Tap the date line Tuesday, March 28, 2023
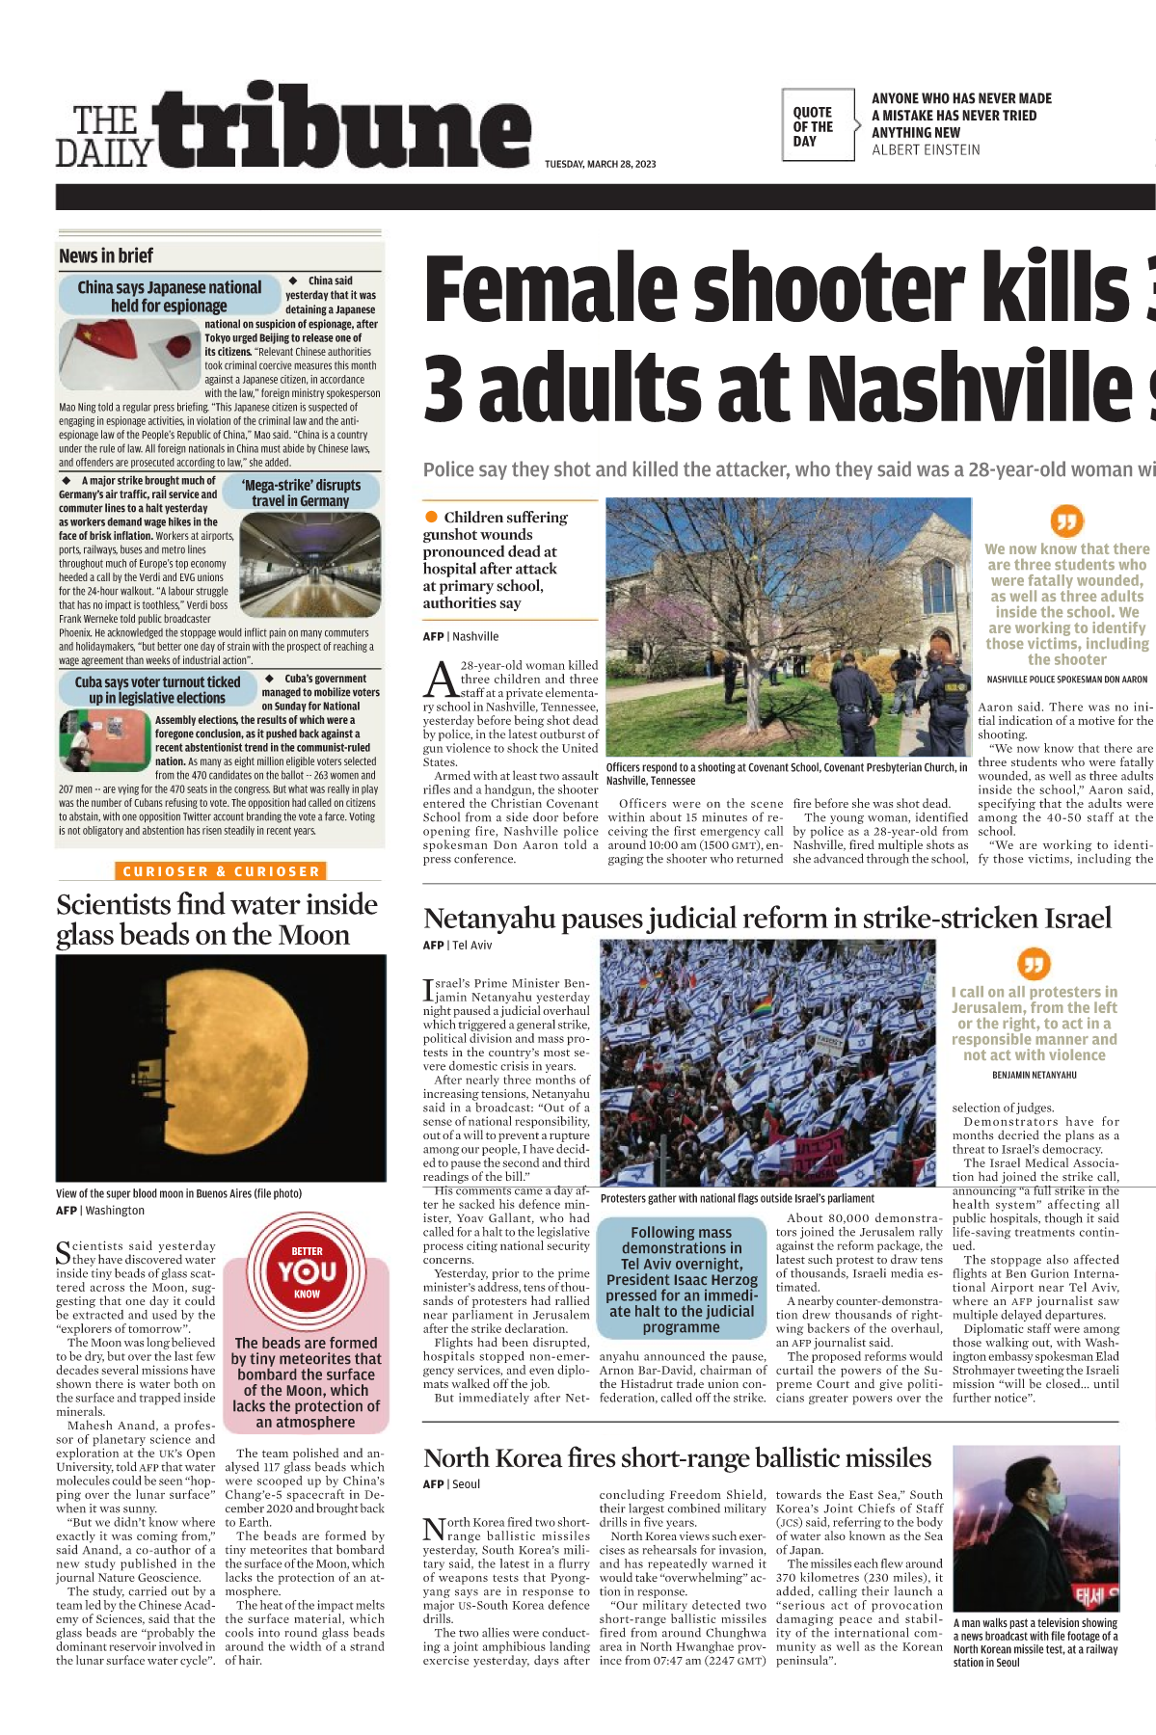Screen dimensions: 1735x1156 click(600, 164)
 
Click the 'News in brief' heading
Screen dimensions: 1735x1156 click(106, 256)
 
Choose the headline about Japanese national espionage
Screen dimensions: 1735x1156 click(169, 296)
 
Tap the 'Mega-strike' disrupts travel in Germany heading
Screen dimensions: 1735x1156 click(301, 493)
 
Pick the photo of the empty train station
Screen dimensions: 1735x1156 click(309, 563)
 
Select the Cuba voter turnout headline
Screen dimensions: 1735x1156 click(157, 689)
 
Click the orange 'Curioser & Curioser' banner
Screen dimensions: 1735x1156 click(221, 871)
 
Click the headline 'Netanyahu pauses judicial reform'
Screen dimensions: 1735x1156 click(766, 918)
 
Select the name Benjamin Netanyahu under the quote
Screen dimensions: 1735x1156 click(1034, 1075)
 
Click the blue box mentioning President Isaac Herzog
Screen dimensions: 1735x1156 click(682, 1279)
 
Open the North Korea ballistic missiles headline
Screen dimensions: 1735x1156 click(677, 1458)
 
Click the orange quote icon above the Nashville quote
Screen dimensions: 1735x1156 click(1065, 520)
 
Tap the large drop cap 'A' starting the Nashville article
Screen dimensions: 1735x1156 click(441, 681)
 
